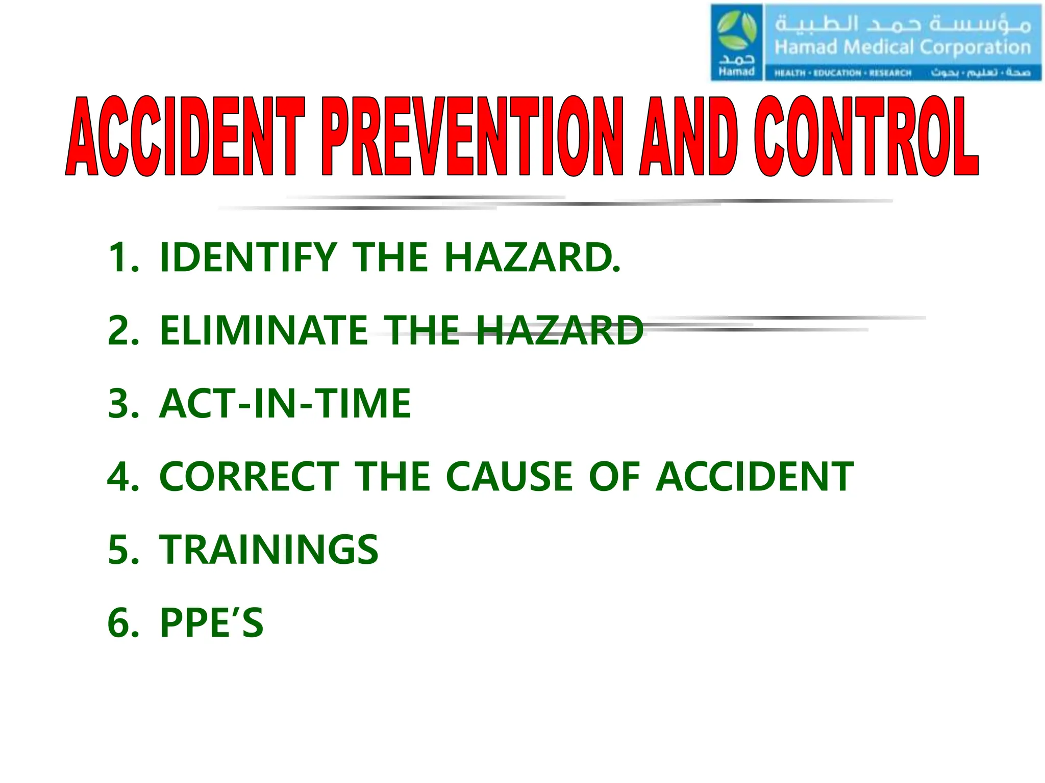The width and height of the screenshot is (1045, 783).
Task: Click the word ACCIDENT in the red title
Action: (185, 137)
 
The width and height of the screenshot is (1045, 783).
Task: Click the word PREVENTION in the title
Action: (472, 137)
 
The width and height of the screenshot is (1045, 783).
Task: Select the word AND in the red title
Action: (688, 137)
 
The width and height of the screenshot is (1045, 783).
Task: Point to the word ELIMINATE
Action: (264, 330)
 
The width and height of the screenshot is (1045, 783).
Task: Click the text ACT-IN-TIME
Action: (285, 403)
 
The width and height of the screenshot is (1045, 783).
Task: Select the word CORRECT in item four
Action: (249, 477)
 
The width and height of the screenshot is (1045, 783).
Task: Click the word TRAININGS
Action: (269, 550)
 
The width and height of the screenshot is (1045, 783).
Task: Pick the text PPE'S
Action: (212, 622)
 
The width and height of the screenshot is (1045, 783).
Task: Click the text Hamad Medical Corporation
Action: (902, 47)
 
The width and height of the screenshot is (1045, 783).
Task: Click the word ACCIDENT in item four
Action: (754, 477)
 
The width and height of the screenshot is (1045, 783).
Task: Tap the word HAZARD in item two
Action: (560, 330)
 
